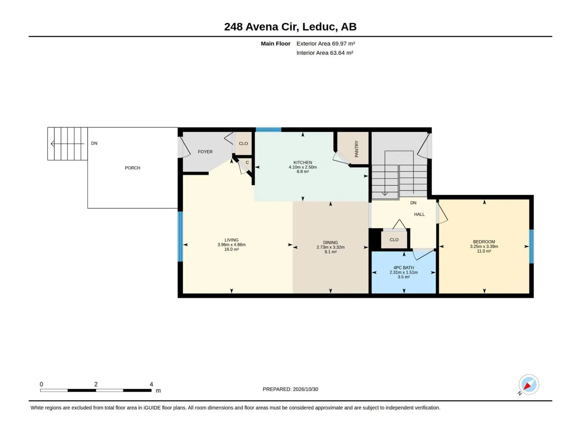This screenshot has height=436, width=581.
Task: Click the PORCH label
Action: (132, 168)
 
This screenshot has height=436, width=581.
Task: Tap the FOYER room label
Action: (205, 152)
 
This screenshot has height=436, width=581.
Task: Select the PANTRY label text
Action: (356, 149)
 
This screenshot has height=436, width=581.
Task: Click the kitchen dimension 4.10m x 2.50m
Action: (302, 167)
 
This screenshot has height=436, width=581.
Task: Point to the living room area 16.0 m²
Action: (231, 249)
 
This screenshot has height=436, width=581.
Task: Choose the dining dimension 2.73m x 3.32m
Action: (330, 247)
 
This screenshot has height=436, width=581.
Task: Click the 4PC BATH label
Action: (403, 268)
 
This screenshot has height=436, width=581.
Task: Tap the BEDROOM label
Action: (484, 242)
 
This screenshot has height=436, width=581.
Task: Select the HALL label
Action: (419, 214)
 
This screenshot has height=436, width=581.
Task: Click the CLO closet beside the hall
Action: (394, 239)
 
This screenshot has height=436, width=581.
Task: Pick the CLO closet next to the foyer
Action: (243, 144)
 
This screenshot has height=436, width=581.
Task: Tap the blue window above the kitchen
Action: (268, 129)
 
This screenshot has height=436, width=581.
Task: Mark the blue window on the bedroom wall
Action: (531, 246)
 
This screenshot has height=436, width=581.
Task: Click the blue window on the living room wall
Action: (180, 237)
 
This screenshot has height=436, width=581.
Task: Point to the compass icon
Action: (529, 385)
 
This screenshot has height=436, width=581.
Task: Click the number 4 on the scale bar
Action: (151, 384)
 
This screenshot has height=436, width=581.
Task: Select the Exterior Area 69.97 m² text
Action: (326, 44)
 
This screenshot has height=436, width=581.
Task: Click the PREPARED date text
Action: (290, 389)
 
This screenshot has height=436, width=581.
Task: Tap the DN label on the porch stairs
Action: (94, 143)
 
